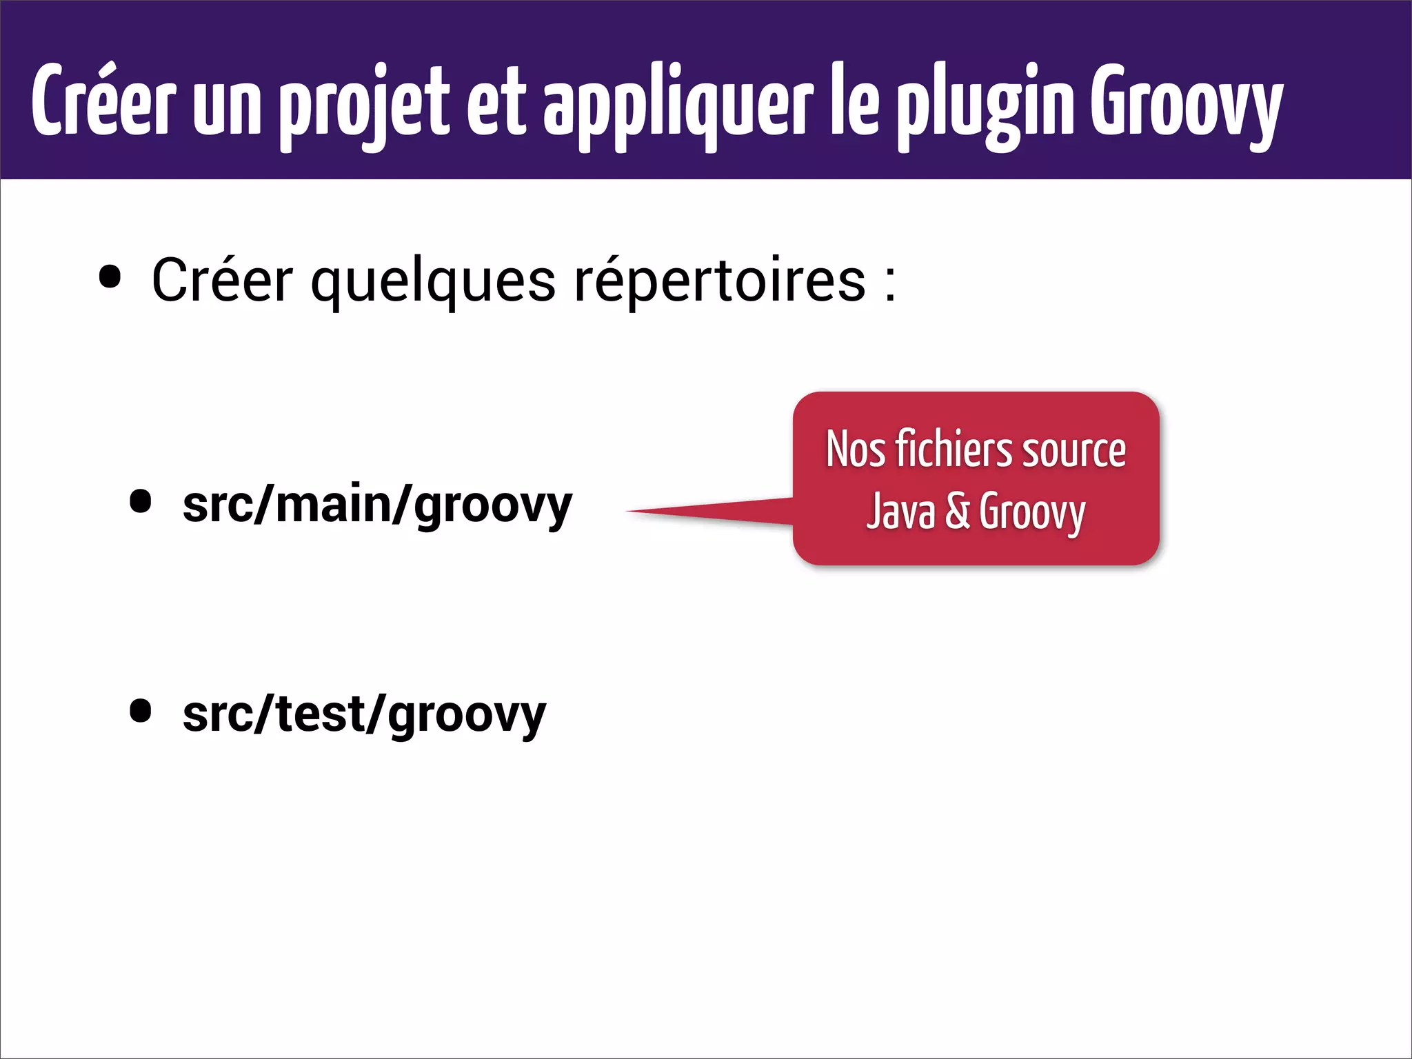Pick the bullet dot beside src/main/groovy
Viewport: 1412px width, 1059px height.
[141, 502]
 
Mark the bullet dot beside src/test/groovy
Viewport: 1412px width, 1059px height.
[141, 712]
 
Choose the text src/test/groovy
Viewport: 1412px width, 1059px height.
[364, 716]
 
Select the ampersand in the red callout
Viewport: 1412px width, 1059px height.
[958, 512]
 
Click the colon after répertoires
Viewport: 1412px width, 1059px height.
[890, 283]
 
